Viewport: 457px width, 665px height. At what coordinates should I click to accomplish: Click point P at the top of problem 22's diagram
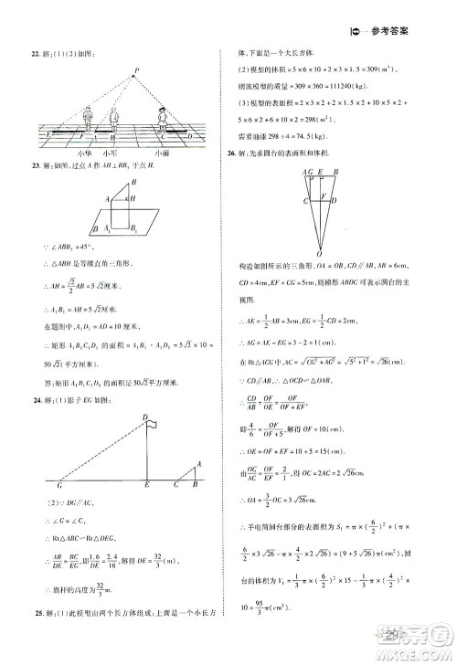[135, 70]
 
